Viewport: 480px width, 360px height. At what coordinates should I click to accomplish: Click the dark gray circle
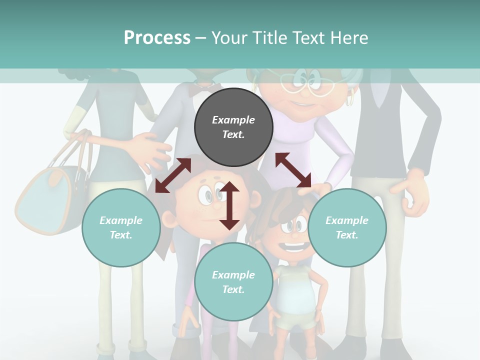(233, 127)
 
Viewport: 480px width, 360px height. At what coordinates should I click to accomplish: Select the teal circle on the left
(121, 227)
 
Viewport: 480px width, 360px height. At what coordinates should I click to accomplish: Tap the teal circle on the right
(347, 227)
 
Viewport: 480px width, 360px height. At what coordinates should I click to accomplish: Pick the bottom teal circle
(233, 282)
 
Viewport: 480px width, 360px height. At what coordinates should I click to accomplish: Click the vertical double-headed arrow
(229, 205)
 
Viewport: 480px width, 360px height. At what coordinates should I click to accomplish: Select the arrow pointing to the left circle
(173, 175)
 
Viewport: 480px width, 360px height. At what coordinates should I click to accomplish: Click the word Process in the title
(157, 37)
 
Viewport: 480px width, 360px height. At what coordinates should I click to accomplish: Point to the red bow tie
(203, 88)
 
